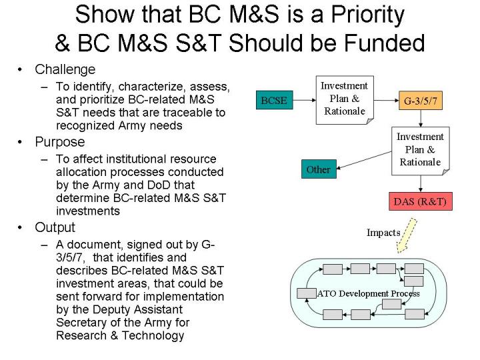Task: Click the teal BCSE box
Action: (274, 100)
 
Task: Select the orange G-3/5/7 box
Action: (421, 101)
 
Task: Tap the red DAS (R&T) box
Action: (420, 201)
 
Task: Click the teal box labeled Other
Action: (319, 169)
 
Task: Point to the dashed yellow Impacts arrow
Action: (406, 235)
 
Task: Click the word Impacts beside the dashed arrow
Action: (383, 233)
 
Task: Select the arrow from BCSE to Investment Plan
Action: (304, 100)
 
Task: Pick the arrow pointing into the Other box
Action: (364, 160)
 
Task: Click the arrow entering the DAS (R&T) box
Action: (421, 184)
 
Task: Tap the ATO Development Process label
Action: (368, 293)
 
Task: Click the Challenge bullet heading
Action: (65, 70)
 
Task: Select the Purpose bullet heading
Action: (60, 142)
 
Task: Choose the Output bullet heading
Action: (55, 228)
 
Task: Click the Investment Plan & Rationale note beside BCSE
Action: (345, 100)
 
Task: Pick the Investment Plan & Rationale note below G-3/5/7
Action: (421, 151)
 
